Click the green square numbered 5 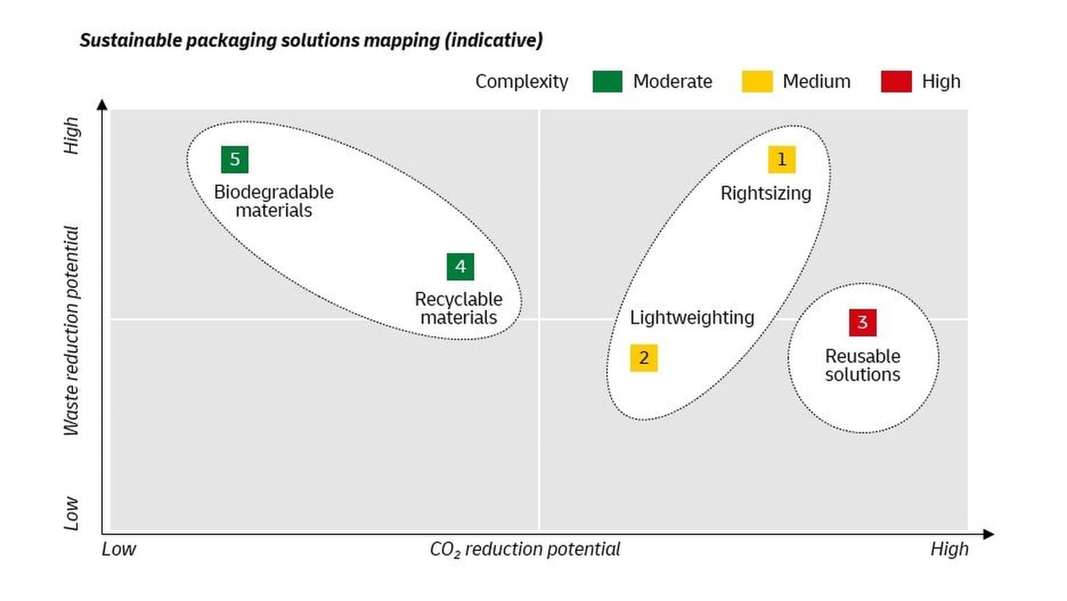pos(235,159)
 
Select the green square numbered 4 pos(460,267)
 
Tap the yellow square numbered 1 pos(781,159)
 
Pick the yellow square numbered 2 pos(644,358)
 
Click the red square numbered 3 pos(863,322)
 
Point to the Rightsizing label pos(766,193)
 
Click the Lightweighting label pos(692,318)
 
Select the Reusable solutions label pos(863,365)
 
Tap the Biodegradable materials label pos(274,201)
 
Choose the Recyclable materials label pos(458,308)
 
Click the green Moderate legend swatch pos(607,81)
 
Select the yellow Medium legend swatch pos(757,81)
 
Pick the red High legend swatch pos(896,81)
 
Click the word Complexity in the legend pos(522,81)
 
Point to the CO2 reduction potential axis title pos(524,550)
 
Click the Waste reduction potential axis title pos(72,331)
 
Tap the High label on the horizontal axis pos(949,550)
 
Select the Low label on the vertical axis pos(72,513)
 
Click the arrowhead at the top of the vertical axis pos(102,105)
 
